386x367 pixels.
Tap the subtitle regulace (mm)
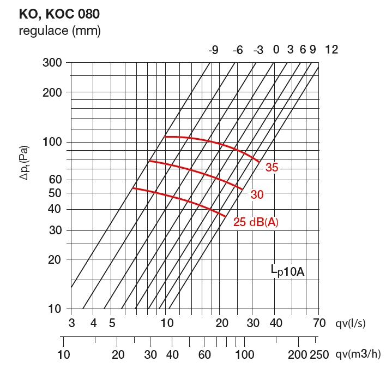[60, 31]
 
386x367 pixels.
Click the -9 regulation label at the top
[213, 50]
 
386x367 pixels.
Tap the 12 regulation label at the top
[331, 50]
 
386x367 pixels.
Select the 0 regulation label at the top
[276, 50]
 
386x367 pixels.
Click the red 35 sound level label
[272, 168]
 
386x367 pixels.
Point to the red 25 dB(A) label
[256, 222]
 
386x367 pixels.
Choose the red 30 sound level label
[256, 194]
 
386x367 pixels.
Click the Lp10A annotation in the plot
[287, 270]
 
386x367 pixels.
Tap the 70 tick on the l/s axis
[319, 323]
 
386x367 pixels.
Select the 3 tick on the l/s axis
[71, 323]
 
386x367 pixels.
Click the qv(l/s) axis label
[350, 323]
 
